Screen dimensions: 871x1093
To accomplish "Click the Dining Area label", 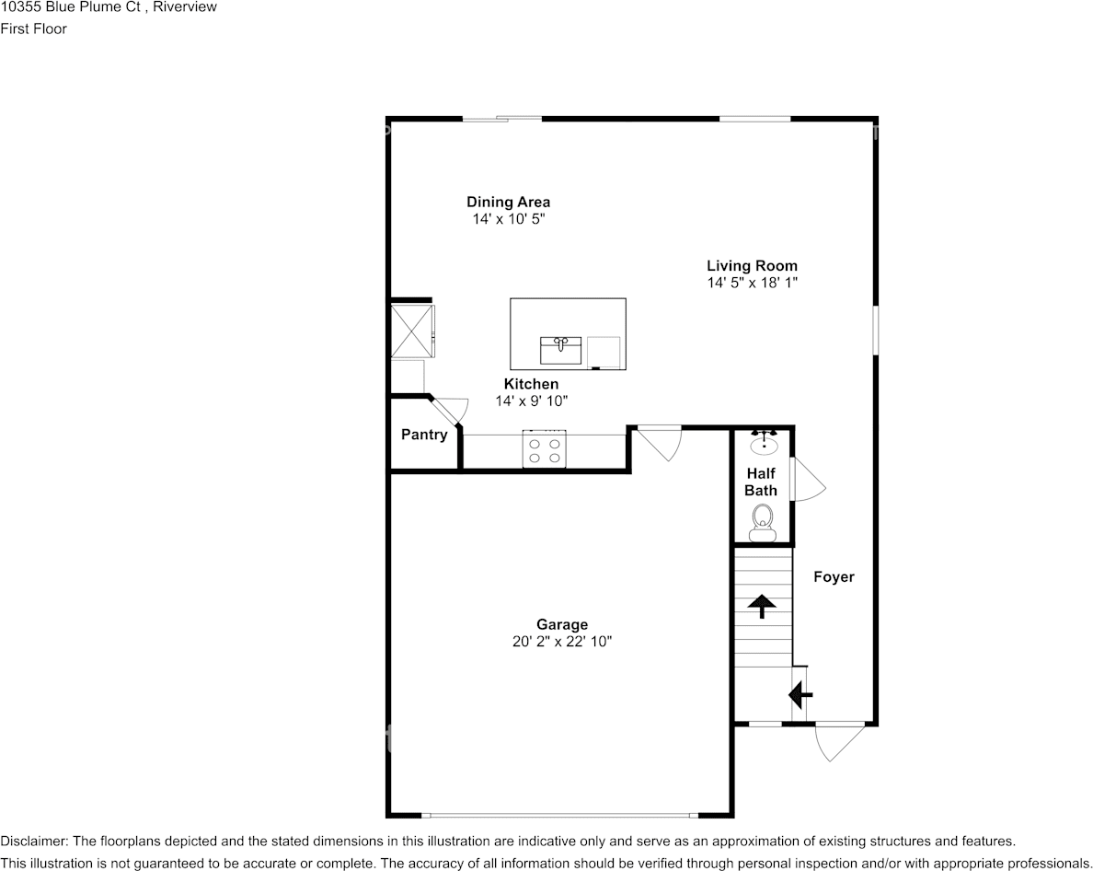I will [x=508, y=202].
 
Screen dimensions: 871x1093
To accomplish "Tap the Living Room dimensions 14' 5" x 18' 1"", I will [x=752, y=284].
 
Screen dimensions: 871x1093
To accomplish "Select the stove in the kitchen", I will [x=544, y=449].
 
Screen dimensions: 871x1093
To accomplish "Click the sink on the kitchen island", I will [x=560, y=350].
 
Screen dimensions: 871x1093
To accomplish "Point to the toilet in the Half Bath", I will [x=763, y=522].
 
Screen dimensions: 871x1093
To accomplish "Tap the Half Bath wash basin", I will [x=764, y=445].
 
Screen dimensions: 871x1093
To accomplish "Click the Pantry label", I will [x=424, y=435].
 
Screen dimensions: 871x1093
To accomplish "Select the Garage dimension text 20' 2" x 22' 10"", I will [x=562, y=642].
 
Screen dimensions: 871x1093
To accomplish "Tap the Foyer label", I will [x=834, y=577].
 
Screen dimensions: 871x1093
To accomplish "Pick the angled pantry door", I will [x=450, y=411].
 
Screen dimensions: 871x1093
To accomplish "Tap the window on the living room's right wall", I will [x=875, y=329].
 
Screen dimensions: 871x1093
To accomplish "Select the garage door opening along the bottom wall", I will [x=560, y=816].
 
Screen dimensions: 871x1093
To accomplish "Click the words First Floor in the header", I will [x=33, y=29].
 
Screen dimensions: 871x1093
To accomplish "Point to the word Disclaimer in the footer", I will [x=33, y=842].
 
